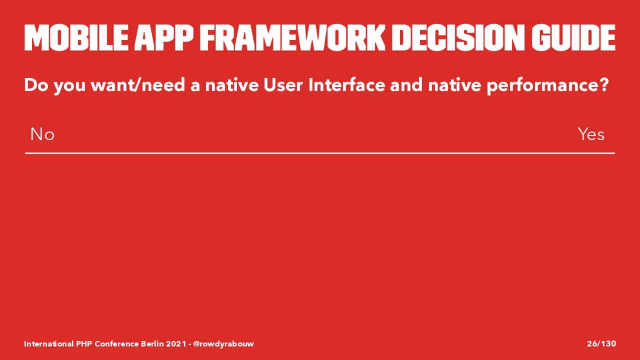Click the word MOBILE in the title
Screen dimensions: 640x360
pyautogui.click(x=76, y=37)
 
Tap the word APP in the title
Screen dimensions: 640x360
pyautogui.click(x=163, y=37)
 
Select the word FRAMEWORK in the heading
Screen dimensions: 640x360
pyautogui.click(x=292, y=37)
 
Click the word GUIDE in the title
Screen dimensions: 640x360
pyautogui.click(x=573, y=37)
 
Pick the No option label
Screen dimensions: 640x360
pyautogui.click(x=42, y=134)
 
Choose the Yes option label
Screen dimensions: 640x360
pyautogui.click(x=591, y=134)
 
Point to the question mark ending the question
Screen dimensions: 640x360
pyautogui.click(x=603, y=85)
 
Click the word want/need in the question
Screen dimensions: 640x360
pyautogui.click(x=137, y=85)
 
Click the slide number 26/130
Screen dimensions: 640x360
pyautogui.click(x=601, y=343)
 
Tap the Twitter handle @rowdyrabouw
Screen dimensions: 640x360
pyautogui.click(x=223, y=344)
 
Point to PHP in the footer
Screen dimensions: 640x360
pyautogui.click(x=83, y=343)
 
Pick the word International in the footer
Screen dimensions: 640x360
pyautogui.click(x=48, y=343)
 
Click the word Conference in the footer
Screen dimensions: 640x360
pyautogui.click(x=116, y=343)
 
